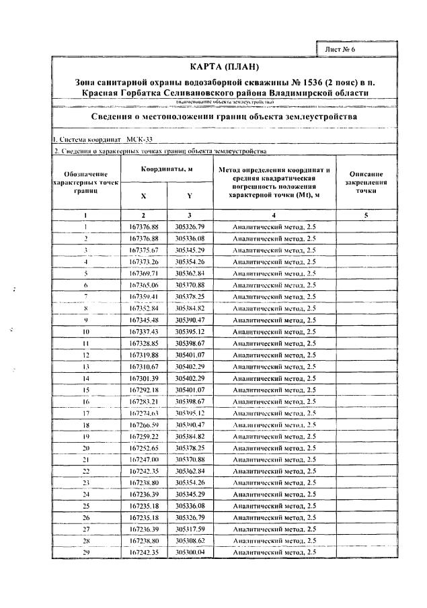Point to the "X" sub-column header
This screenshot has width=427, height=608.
[x=143, y=196]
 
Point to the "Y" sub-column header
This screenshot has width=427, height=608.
[x=190, y=196]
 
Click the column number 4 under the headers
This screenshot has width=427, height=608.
[x=273, y=214]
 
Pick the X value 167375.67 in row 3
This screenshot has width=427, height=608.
[x=143, y=250]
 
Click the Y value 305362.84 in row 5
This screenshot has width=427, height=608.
[x=190, y=273]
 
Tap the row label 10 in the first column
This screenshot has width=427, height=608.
[x=86, y=331]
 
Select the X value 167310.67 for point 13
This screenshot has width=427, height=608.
[x=143, y=366]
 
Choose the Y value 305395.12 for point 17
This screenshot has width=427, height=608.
[x=190, y=412]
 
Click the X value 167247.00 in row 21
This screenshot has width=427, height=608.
[x=143, y=459]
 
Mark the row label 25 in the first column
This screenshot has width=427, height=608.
[x=86, y=505]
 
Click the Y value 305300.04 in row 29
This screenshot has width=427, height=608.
[x=190, y=552]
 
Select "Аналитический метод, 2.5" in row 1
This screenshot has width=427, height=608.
[x=273, y=227]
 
